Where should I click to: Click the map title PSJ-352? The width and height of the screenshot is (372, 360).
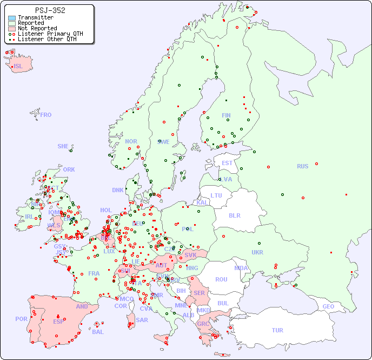50,10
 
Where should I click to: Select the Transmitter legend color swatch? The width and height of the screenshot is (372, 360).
12,18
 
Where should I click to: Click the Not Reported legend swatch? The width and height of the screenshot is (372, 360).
12,29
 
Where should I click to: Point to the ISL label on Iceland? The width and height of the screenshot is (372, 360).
18,67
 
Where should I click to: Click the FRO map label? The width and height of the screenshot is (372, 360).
46,115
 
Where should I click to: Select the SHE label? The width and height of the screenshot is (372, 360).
63,146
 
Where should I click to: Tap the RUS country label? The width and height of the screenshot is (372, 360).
302,166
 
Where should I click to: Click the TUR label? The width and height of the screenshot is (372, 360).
277,330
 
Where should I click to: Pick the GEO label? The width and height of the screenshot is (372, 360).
328,306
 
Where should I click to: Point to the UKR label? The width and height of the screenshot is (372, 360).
257,252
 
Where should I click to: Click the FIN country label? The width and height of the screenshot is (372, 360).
226,115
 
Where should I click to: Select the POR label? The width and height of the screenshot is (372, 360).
21,319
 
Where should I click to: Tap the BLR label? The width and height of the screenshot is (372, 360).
234,215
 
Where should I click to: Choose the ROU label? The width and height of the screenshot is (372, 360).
221,279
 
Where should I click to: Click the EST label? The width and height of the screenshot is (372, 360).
227,163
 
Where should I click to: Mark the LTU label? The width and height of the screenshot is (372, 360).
216,195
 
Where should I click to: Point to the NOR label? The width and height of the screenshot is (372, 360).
131,141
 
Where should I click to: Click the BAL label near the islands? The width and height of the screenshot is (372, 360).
97,332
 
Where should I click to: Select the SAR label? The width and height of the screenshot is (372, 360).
142,319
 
